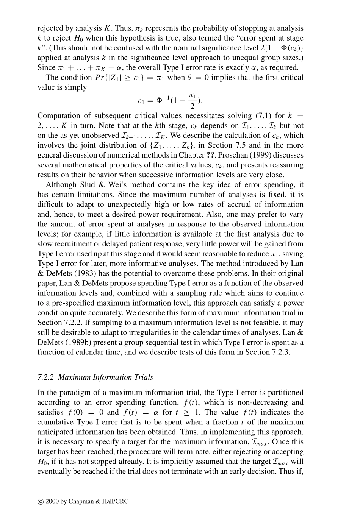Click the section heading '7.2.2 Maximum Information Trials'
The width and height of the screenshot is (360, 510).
(95, 377)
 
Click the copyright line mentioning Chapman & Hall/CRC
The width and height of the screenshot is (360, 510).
(83, 501)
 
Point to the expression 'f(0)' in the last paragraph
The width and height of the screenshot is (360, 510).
(81, 412)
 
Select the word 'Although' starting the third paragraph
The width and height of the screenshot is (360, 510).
(61, 185)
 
